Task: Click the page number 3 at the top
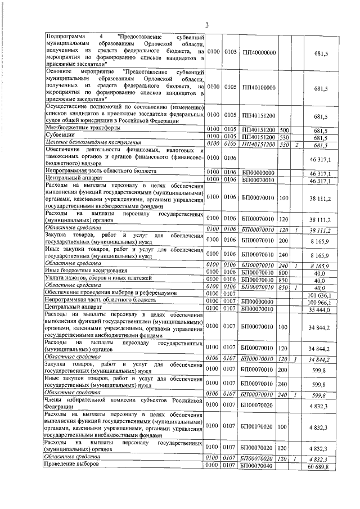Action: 206,25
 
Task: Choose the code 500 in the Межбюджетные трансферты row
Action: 284,129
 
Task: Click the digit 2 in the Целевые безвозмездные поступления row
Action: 296,144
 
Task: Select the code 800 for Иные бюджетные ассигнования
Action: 284,272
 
